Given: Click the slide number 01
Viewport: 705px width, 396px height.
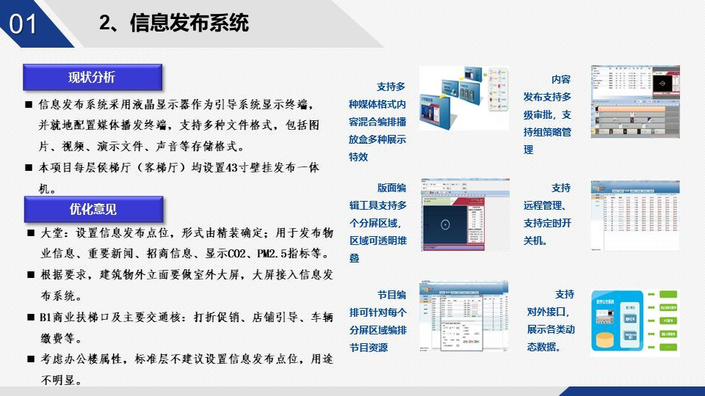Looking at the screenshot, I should click(x=23, y=24).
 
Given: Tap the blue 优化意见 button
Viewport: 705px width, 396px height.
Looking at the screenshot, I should click(x=93, y=209).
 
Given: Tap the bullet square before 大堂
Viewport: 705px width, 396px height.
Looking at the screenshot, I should click(x=30, y=233).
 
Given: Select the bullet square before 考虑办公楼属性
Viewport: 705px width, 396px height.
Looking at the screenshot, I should click(x=30, y=359).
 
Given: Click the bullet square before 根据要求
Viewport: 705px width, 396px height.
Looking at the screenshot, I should click(x=30, y=275).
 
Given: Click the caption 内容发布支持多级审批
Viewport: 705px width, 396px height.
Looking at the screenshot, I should click(x=547, y=114).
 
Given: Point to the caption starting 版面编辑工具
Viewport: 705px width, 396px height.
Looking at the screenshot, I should click(x=377, y=222).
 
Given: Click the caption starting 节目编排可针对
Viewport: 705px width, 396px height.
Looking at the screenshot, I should click(x=377, y=320).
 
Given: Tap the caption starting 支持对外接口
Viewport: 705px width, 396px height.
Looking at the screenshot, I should click(x=551, y=320).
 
